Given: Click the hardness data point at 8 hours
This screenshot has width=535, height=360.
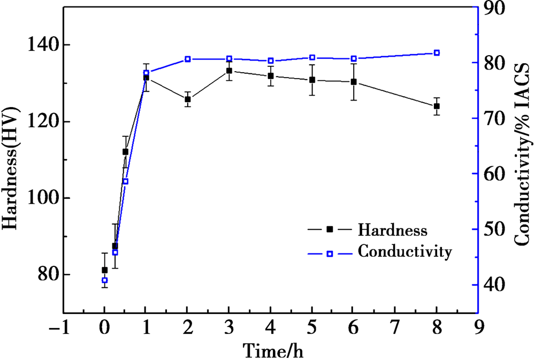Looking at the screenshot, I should tap(437, 106).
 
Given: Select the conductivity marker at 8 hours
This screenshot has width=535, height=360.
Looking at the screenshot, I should tap(437, 52).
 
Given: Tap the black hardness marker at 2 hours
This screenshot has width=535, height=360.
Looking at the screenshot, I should tap(188, 99).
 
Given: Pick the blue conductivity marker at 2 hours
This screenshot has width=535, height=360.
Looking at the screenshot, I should tap(188, 59).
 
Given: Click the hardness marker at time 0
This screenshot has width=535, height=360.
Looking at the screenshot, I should tap(104, 270).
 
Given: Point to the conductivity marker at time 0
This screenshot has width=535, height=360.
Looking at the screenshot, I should tap(104, 280).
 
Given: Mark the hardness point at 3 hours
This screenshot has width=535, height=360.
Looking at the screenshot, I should tap(229, 71).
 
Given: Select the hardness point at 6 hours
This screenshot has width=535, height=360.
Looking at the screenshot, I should tap(354, 82).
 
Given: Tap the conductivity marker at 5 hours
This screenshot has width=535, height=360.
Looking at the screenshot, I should tap(312, 57).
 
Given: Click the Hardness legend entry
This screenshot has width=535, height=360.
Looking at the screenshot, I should tap(392, 231).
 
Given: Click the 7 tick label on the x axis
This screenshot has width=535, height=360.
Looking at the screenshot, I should tap(395, 326).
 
